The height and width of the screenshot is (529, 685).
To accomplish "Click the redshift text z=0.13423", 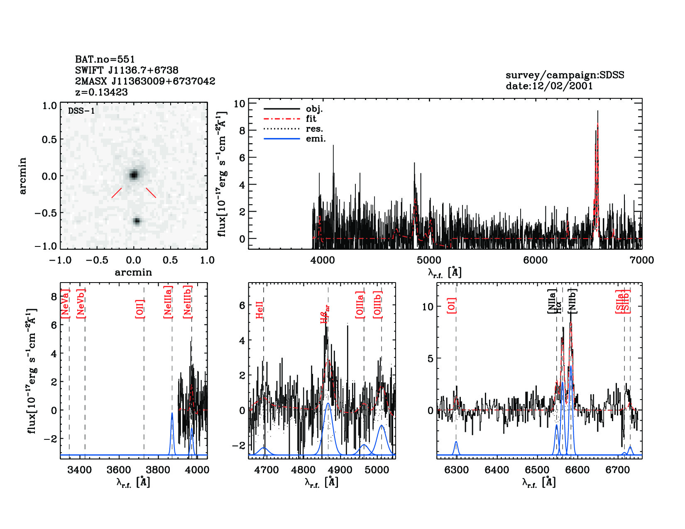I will point(101,92).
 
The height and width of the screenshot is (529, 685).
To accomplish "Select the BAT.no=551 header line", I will point(105,59).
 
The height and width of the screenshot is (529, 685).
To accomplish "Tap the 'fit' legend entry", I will point(311,119).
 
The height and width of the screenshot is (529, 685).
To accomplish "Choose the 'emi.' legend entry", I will point(316,139).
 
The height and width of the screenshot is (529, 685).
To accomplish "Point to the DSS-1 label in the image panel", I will point(81,111).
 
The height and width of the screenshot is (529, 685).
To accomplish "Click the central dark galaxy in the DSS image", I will point(133,175).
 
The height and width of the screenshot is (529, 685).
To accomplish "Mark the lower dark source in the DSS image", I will point(137,221).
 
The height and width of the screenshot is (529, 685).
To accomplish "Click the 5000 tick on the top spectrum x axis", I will point(429,260).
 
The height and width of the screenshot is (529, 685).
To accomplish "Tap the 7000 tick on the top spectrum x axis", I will point(641,260).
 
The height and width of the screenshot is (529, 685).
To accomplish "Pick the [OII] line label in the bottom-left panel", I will point(140,308).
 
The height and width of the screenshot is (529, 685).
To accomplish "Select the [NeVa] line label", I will point(65,304).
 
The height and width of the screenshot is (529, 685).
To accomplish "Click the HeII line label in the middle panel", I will point(259,310).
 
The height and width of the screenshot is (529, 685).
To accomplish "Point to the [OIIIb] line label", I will point(377,305).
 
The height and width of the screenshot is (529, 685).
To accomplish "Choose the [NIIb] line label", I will point(572,301).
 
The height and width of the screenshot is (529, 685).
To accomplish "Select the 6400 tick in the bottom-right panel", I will point(497,470).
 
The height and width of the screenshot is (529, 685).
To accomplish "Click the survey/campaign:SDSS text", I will point(565,75).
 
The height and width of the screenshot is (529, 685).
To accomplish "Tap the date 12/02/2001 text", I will point(549,86).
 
